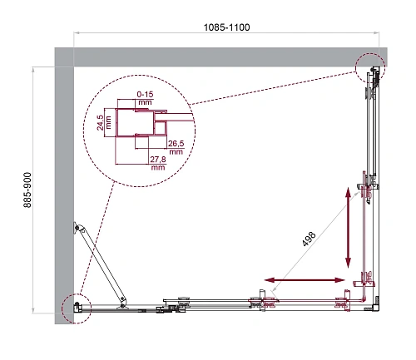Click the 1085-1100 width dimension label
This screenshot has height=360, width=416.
pos(226,27)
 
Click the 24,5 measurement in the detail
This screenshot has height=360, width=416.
pos(102,123)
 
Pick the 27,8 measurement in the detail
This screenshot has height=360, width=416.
pos(157,158)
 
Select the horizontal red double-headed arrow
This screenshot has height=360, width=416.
pos(305,279)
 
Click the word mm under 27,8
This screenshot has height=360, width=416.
pos(157,167)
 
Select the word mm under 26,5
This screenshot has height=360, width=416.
pos(175,153)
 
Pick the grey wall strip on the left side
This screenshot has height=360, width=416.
pos(64,191)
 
